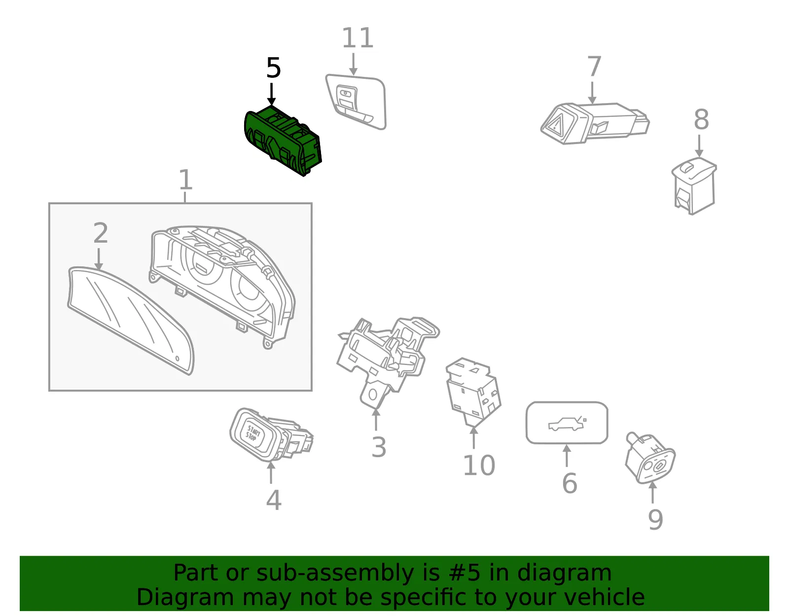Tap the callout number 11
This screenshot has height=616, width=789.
[x=358, y=38]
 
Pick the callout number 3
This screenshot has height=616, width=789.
[x=379, y=447]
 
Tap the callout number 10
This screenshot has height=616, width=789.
[x=479, y=465]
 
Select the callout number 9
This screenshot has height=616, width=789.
[x=655, y=520]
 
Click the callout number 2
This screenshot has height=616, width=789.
[x=101, y=233]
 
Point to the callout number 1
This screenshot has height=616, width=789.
[x=185, y=180]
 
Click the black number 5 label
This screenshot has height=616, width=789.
[x=273, y=68]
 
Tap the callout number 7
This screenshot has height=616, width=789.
[x=594, y=66]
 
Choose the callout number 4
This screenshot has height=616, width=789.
[x=273, y=500]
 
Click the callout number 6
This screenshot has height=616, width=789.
[x=570, y=483]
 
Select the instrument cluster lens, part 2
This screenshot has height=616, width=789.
[x=131, y=321]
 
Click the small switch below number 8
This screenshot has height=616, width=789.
[x=694, y=186]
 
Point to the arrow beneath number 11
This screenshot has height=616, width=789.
[x=353, y=64]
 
